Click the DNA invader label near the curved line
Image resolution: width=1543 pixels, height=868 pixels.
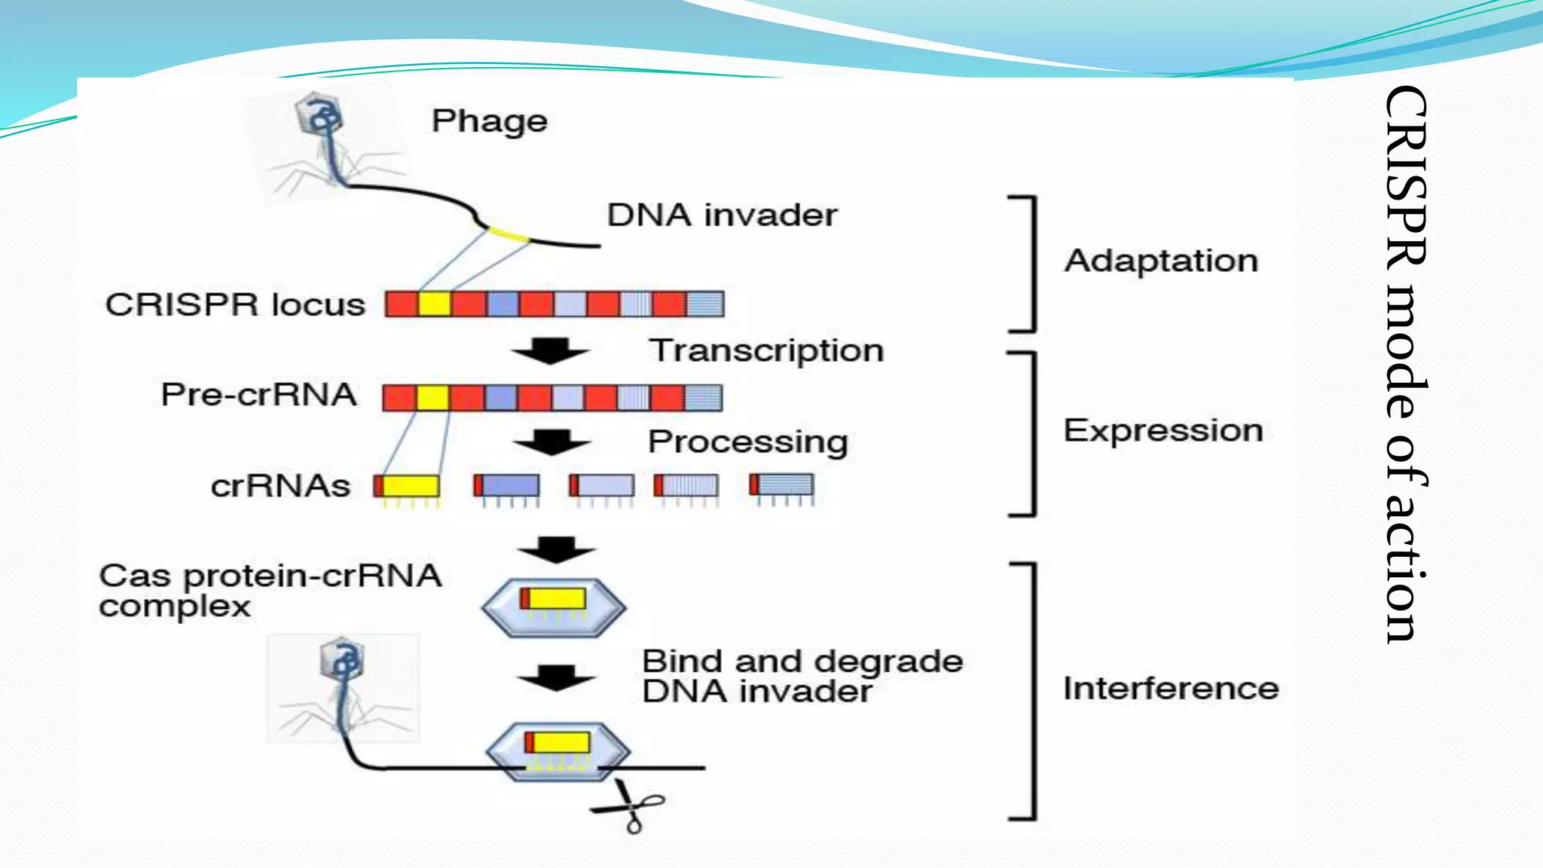click(722, 215)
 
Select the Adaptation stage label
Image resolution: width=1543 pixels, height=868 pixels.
click(1161, 261)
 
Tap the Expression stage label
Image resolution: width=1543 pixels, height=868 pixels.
click(1163, 431)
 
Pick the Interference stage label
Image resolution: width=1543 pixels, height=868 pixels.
click(1170, 689)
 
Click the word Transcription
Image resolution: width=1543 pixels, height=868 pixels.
click(766, 351)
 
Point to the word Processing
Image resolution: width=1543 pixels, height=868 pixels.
click(747, 442)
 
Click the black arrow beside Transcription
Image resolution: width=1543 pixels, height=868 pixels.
click(551, 351)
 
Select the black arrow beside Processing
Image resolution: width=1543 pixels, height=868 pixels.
click(552, 442)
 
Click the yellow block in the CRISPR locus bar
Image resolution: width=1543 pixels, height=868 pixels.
click(435, 304)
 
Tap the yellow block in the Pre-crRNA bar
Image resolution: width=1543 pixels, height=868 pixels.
click(432, 398)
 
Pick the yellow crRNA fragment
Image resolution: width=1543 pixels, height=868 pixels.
click(411, 485)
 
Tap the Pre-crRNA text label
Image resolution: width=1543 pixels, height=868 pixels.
click(258, 395)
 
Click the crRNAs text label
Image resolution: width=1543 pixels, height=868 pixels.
click(280, 486)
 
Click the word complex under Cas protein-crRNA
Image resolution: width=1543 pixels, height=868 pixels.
click(174, 607)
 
